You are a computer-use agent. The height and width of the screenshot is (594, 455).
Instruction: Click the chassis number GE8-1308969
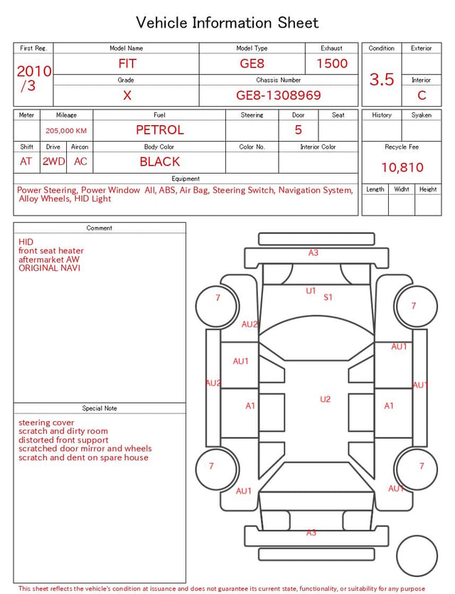click(278, 95)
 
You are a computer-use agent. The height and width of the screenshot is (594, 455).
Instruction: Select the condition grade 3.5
click(382, 79)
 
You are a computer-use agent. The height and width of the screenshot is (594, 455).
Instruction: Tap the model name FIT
click(127, 63)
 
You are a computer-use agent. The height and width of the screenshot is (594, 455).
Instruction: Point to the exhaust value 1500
click(332, 63)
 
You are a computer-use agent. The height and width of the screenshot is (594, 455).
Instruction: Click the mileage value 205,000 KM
click(66, 131)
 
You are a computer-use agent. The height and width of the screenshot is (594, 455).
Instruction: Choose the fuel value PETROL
click(160, 130)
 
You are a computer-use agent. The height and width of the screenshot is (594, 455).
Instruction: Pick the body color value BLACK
click(160, 161)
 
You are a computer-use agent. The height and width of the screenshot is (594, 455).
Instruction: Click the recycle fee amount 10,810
click(402, 167)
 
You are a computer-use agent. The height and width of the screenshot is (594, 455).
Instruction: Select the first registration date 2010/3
click(33, 78)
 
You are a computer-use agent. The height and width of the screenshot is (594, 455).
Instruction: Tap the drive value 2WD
click(53, 161)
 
